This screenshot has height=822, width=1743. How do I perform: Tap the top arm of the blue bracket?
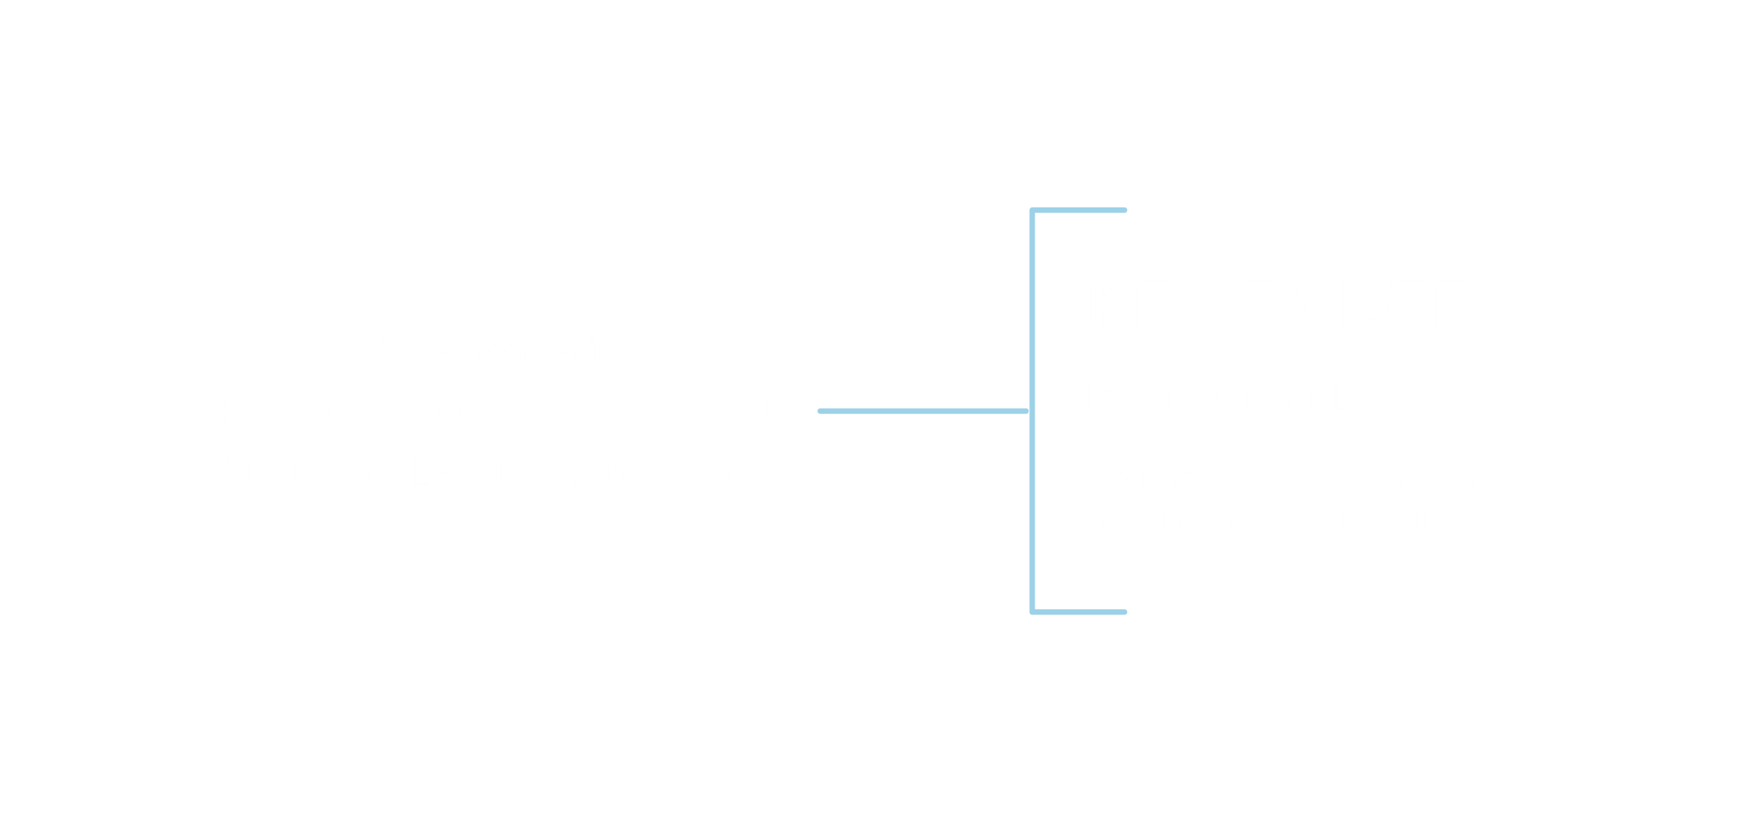click(x=1081, y=210)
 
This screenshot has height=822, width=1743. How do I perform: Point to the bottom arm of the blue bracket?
click(x=1081, y=612)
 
